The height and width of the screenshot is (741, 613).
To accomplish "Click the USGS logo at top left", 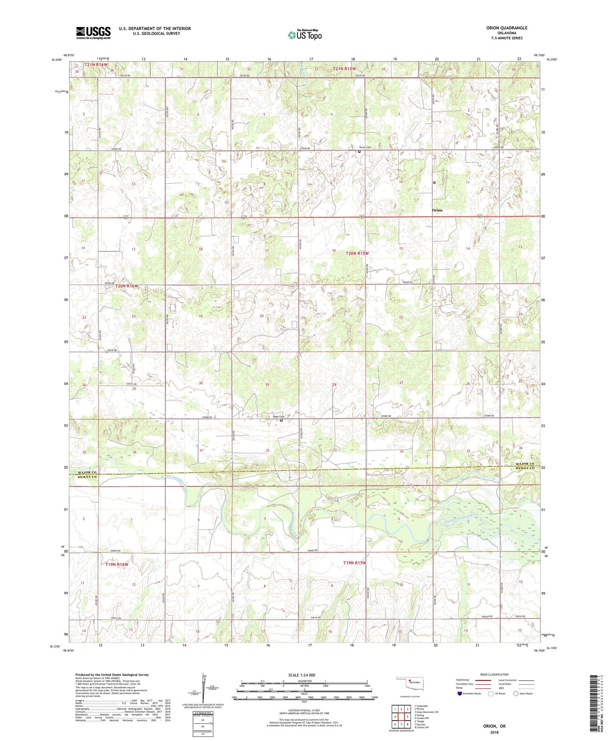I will tap(93, 33).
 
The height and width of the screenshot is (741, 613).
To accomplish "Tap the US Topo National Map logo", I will tap(304, 35).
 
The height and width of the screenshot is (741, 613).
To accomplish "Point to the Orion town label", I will tap(437, 210).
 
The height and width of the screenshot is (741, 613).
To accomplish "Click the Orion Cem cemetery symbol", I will tap(359, 152).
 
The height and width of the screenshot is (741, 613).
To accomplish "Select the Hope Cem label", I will tap(278, 416).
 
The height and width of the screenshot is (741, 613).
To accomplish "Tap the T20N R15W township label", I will tap(357, 253).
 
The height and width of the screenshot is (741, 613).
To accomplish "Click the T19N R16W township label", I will tap(117, 564).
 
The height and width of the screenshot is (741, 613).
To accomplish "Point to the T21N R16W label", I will tap(96, 65).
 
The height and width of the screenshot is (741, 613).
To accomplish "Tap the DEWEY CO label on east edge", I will tap(524, 468).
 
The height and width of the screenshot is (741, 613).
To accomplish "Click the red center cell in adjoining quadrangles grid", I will tap(401, 716).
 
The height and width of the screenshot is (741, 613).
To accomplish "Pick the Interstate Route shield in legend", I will tap(460, 693).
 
